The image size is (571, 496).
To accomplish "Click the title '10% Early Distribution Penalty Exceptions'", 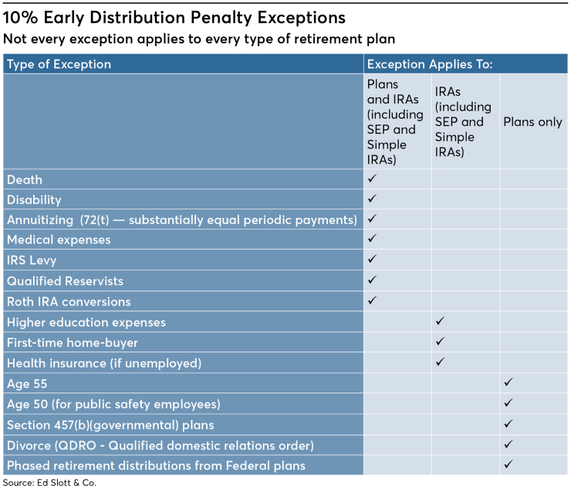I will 174,16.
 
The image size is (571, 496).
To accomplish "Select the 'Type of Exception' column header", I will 59,64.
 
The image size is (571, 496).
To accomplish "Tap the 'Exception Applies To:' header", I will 430,64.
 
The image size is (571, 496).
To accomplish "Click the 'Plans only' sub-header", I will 532,122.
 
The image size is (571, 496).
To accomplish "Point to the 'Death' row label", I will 25,179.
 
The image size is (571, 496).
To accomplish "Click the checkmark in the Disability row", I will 372,199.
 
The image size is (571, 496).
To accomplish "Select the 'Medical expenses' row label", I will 59,240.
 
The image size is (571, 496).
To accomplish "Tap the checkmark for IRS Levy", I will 372,260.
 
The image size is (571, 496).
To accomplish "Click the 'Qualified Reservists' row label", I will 65,280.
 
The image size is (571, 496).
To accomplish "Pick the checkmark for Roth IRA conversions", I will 372,301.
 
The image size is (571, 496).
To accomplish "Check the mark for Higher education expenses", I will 440,321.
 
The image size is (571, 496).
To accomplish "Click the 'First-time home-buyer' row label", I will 72,342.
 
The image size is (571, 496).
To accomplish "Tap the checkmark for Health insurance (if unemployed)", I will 440,362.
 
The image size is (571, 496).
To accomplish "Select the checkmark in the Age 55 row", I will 508,382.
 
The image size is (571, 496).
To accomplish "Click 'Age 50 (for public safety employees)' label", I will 113,403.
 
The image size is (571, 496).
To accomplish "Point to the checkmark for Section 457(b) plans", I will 508,423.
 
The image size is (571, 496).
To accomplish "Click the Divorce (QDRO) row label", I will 160,445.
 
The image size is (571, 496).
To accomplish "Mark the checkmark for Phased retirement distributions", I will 508,464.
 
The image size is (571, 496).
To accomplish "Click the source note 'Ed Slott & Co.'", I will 50,484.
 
